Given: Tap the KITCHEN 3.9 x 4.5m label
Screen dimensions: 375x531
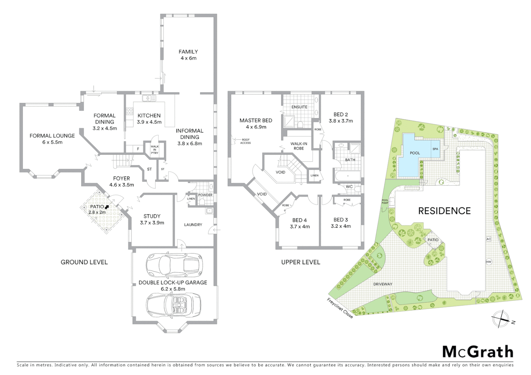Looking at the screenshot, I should (x=149, y=118).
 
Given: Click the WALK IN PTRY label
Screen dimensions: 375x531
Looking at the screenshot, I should (x=154, y=149).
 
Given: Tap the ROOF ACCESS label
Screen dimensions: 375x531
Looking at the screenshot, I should (x=245, y=141).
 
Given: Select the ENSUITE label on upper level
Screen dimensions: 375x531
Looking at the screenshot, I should (x=299, y=107).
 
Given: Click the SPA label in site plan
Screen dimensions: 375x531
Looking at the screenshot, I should (x=435, y=149).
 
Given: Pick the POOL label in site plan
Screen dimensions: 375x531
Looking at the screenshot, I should (x=415, y=153).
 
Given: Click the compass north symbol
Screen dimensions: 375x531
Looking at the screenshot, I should (x=501, y=318).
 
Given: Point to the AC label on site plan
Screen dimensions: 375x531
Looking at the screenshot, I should (x=489, y=239).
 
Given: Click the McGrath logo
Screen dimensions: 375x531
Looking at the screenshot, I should (x=477, y=352).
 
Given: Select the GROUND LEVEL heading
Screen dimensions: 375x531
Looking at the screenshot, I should (x=84, y=262).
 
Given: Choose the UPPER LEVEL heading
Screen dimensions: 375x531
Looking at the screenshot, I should (x=301, y=262).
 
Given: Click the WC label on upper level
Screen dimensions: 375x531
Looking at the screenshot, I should (x=349, y=187).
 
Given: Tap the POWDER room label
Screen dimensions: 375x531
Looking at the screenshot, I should (x=205, y=195).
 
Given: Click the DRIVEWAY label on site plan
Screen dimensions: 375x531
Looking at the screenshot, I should (x=383, y=284).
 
